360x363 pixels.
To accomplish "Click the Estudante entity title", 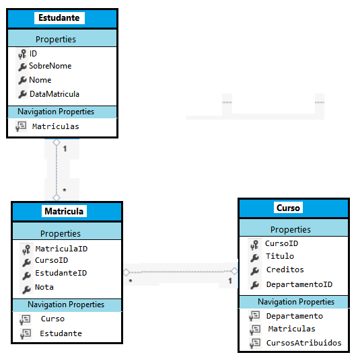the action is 59,18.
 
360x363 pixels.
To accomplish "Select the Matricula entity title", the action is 64,211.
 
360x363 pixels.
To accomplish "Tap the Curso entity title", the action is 288,208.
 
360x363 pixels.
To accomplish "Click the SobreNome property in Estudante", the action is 50,66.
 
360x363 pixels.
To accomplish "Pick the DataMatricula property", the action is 55,94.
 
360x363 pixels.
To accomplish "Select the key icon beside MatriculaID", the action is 26,249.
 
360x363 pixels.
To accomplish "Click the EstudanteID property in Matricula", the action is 61,273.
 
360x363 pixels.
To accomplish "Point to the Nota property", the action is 44,287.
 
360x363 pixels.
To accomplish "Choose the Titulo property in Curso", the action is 280,256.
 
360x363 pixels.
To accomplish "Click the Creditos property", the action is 285,270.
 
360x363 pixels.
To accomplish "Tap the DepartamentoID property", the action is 299,284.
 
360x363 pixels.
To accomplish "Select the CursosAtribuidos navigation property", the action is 303,343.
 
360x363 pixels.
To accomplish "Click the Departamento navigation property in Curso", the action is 295,316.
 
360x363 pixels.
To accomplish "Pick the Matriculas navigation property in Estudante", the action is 56,126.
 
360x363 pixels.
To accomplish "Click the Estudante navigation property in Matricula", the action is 61,333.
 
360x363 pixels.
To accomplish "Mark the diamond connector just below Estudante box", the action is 57,142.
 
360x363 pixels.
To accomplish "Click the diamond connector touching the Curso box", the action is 234,271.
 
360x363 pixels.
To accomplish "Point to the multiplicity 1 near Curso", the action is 230,281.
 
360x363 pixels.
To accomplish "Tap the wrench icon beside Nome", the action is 22,81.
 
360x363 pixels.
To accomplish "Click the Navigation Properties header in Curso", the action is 296,302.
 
